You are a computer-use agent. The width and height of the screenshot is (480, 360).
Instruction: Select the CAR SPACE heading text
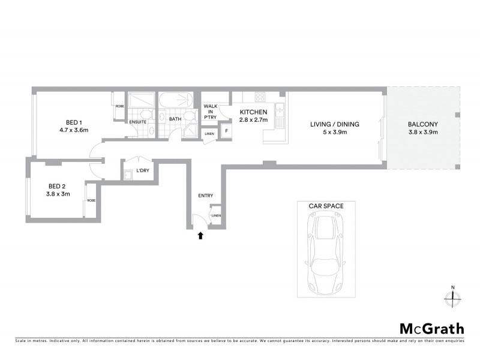(326, 206)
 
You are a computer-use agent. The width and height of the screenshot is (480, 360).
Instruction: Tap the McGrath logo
(431, 328)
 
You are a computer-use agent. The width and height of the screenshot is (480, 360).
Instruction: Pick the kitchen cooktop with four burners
(261, 97)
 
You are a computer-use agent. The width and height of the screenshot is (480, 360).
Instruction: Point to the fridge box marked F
(226, 131)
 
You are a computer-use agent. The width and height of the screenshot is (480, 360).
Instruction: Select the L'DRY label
(142, 171)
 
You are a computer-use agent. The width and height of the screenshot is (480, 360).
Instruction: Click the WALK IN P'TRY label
(210, 112)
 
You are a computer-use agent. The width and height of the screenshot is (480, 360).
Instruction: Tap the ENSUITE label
(138, 122)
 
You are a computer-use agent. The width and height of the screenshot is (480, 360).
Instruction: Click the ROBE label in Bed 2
(91, 200)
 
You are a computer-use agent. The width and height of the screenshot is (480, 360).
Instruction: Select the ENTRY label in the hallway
(205, 196)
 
